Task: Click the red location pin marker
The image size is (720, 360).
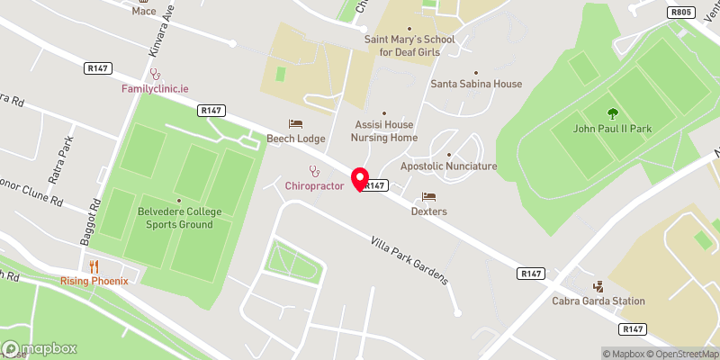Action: (x=361, y=179)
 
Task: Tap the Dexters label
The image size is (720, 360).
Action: (x=428, y=211)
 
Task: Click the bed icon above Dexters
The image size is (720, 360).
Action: (x=428, y=196)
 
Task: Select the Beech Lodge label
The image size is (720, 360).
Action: (x=295, y=139)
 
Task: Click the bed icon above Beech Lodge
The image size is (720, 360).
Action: (x=295, y=123)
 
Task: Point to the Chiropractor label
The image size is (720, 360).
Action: (x=314, y=185)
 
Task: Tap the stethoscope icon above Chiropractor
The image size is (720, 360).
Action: (x=314, y=170)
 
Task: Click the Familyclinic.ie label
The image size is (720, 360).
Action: (x=154, y=89)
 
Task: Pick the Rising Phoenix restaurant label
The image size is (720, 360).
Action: (x=94, y=281)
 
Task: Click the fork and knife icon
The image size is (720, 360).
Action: (x=94, y=265)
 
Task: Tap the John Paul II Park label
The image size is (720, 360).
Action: (x=612, y=129)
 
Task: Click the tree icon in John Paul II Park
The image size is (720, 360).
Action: (x=612, y=113)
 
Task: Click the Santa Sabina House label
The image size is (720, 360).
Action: (x=476, y=84)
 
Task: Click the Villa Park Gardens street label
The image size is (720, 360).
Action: (x=410, y=260)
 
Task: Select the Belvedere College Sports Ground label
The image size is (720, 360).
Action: (x=180, y=218)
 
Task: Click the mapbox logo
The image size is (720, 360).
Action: (x=40, y=348)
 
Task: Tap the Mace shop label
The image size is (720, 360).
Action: (x=144, y=11)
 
